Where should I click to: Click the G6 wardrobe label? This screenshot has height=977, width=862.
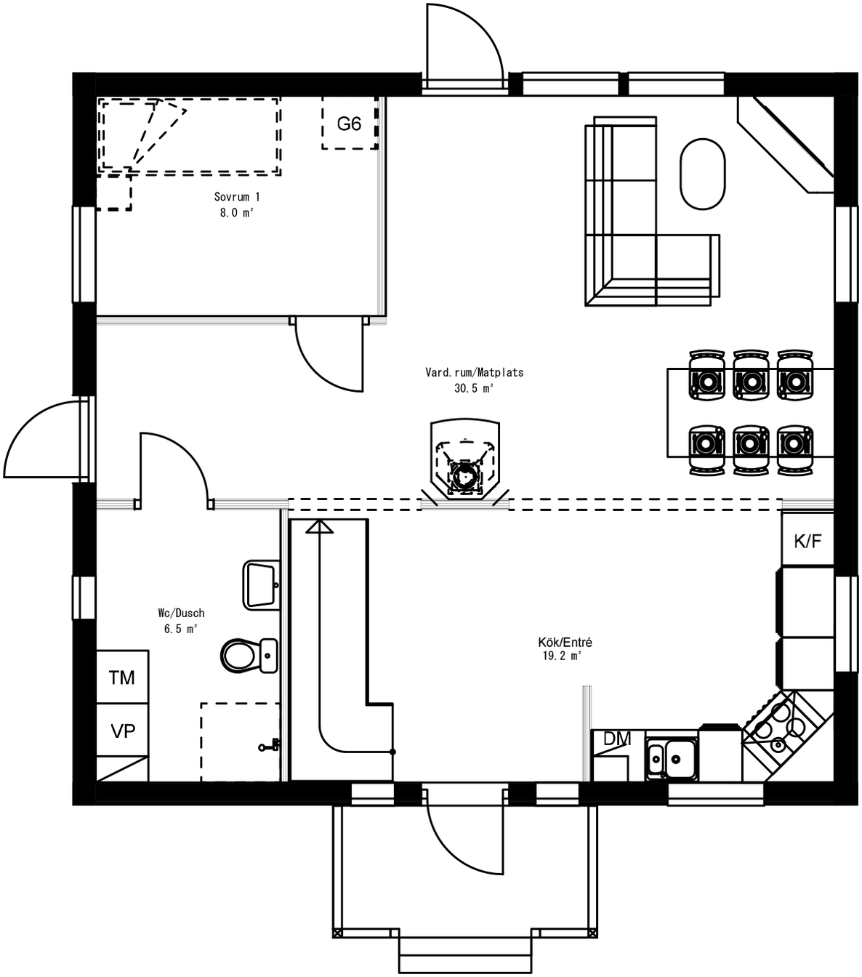[x=349, y=124]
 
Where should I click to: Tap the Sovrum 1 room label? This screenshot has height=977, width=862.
[x=237, y=197]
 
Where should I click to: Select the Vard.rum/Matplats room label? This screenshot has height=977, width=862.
[x=474, y=372]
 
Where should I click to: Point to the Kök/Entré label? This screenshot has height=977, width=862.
[x=565, y=643]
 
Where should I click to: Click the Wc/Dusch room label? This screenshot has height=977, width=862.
[x=181, y=613]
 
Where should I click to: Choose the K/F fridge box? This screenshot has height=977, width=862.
[x=807, y=540]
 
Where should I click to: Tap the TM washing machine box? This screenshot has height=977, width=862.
[x=122, y=678]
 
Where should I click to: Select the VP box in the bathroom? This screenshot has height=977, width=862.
[x=123, y=731]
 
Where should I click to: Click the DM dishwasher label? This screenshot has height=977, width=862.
[x=617, y=739]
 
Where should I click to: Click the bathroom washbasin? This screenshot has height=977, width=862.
[x=260, y=584]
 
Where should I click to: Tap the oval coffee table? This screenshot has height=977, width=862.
[x=702, y=174]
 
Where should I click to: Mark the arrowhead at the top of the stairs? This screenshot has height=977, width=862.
[x=319, y=526]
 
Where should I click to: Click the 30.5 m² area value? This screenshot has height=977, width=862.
[x=474, y=388]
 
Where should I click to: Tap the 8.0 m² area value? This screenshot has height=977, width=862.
[x=237, y=213]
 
